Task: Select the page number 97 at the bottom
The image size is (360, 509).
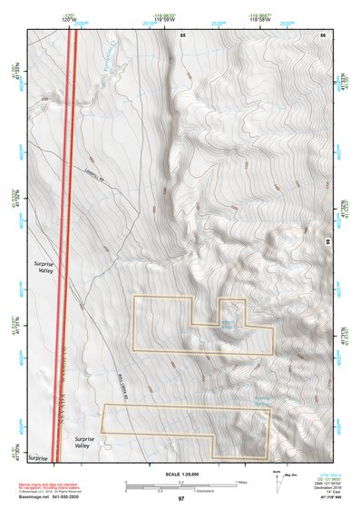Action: (181, 499)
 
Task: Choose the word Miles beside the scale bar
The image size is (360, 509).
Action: (240, 481)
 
